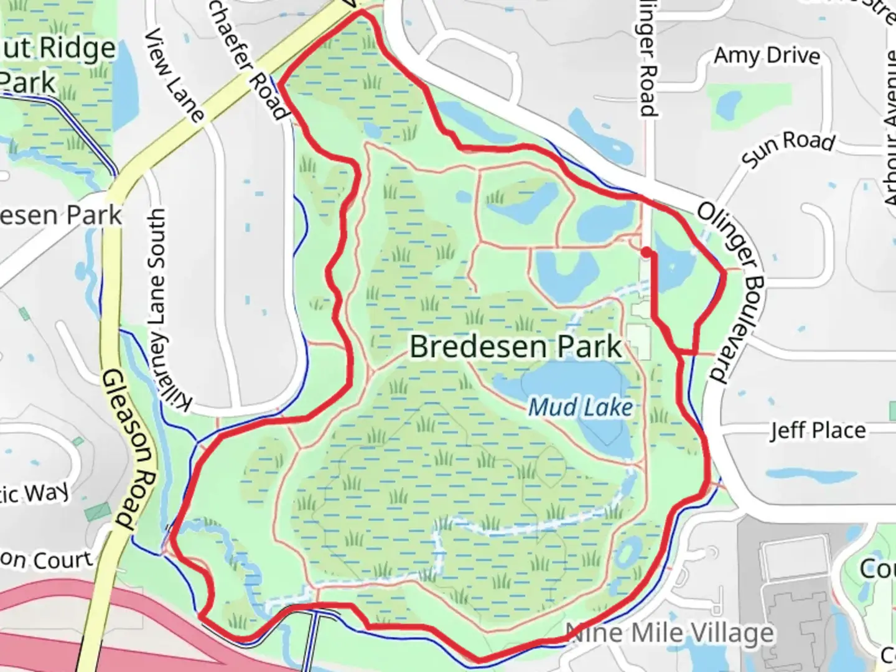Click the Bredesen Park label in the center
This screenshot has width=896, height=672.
(x=515, y=347)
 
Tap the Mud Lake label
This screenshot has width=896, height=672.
(x=580, y=408)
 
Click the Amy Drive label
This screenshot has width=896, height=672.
(x=767, y=56)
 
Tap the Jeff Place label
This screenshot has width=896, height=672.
(x=818, y=431)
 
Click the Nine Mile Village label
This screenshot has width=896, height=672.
(x=671, y=633)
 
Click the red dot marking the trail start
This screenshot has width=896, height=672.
(x=647, y=252)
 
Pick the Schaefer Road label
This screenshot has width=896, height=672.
(x=256, y=62)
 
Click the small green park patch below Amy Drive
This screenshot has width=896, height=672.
(x=726, y=103)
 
